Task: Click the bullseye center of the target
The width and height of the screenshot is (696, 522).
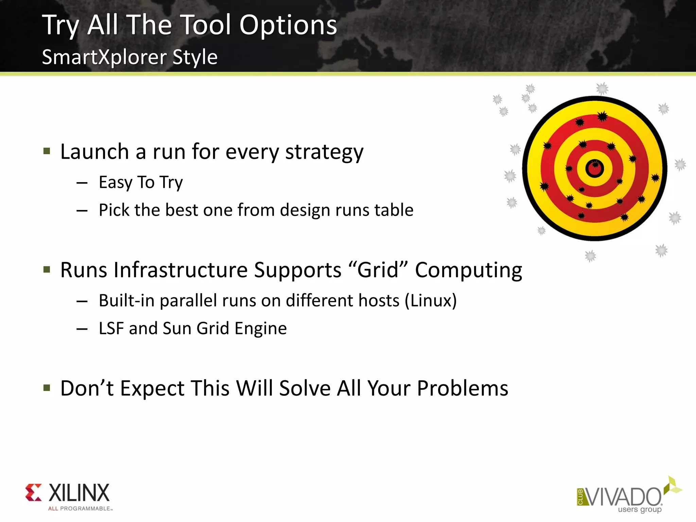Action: (595, 168)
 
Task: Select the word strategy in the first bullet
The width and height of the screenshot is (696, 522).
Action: (324, 152)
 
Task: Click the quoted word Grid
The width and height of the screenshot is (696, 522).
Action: (378, 270)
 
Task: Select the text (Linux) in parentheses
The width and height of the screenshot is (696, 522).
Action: (431, 301)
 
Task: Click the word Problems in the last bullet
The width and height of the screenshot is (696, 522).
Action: (462, 388)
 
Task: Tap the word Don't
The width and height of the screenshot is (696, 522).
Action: (87, 388)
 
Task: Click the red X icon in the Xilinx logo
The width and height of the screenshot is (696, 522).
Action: (34, 492)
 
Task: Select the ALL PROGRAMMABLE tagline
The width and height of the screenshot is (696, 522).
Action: (80, 508)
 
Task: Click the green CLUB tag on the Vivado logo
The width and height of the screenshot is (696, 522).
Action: (580, 497)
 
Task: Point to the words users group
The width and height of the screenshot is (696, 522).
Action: (640, 509)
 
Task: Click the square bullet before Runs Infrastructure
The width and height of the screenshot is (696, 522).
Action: (47, 270)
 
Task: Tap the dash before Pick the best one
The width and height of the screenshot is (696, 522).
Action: (82, 211)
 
